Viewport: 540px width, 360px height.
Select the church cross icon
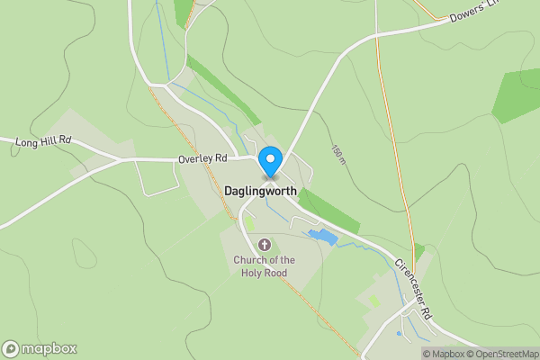click(x=265, y=244)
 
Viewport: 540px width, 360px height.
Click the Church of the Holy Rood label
click(x=265, y=267)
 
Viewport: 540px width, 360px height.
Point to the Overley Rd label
click(x=201, y=159)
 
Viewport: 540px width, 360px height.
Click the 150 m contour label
click(x=337, y=155)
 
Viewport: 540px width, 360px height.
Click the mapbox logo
click(x=39, y=349)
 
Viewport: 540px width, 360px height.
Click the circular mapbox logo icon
click(x=11, y=349)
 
